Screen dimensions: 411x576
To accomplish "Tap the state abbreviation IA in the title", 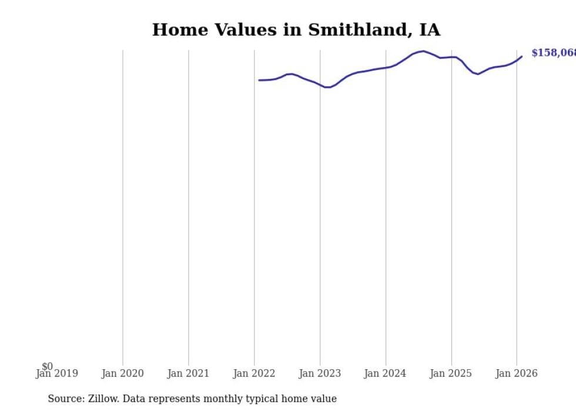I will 429,30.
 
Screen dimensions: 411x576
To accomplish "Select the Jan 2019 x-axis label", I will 56,373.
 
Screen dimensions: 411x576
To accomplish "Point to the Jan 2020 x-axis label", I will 122,373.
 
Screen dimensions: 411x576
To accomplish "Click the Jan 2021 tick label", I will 188,373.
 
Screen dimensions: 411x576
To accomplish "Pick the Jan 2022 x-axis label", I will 254,373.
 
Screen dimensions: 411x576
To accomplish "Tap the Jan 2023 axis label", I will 320,373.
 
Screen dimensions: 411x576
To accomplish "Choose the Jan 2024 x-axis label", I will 385,373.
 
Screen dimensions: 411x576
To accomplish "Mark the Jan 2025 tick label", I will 451,373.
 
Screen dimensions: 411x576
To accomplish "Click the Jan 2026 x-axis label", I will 516,373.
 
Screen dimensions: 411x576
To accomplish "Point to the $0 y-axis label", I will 47,366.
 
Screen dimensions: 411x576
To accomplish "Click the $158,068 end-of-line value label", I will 553,54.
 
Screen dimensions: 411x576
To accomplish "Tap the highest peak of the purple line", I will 423,51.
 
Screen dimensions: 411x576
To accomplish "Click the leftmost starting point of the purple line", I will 259,80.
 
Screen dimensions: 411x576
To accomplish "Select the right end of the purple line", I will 522,56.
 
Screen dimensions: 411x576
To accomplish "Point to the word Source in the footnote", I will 65,399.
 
